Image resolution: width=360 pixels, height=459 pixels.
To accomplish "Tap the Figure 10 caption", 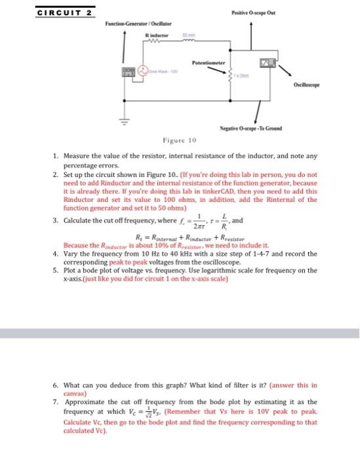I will pyautogui.click(x=180, y=140).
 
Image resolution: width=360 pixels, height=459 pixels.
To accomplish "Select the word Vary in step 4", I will pyautogui.click(x=70, y=253).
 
